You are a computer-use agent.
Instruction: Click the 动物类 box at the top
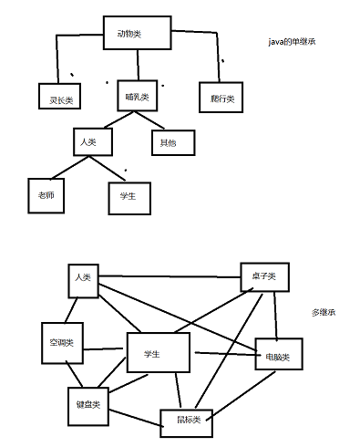137,34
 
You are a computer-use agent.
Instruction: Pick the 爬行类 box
221,97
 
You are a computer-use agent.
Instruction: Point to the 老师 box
46,193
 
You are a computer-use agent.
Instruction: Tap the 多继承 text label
324,312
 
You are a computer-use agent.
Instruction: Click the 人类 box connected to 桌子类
83,278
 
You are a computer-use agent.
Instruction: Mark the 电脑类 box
275,352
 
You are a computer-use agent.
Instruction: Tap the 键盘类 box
87,402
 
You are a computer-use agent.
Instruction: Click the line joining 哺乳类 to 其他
150,120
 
